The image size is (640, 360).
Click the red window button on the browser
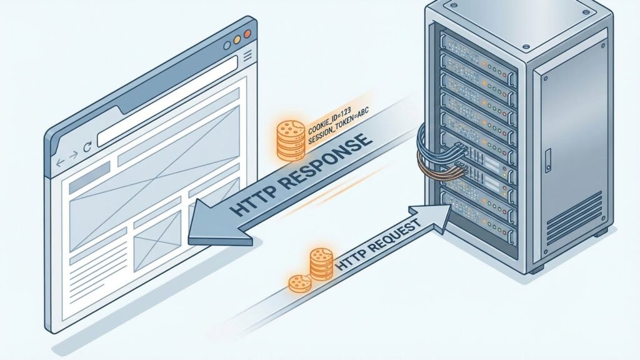tap(247, 34)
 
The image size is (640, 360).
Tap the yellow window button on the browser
tap(237, 39)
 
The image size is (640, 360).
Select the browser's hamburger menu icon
tap(247, 56)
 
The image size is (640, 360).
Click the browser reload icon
tap(87, 147)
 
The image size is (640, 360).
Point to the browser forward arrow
tap(73, 155)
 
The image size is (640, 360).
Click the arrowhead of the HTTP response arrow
tap(216, 224)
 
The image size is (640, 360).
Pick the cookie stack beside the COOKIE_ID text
tap(290, 139)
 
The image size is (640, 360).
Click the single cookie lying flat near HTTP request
tap(300, 283)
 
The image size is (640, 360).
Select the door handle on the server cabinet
tap(547, 161)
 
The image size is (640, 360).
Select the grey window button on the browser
tap(227, 45)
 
